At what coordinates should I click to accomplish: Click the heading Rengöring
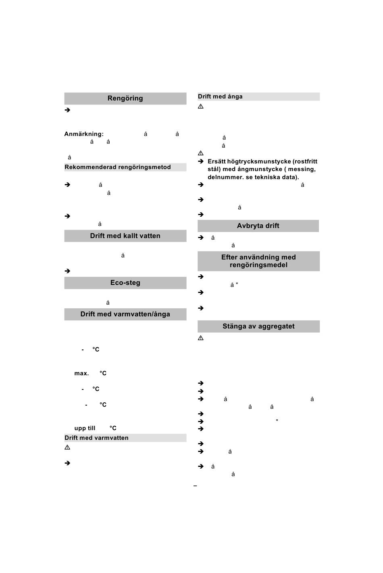pyautogui.click(x=125, y=98)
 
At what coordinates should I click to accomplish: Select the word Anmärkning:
pyautogui.click(x=84, y=134)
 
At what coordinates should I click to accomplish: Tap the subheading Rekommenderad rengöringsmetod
pyautogui.click(x=118, y=167)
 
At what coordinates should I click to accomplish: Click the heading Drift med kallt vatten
pyautogui.click(x=125, y=236)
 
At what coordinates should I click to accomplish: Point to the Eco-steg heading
pyautogui.click(x=125, y=283)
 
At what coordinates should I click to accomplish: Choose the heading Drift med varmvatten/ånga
pyautogui.click(x=125, y=314)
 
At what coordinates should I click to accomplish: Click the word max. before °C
pyautogui.click(x=81, y=373)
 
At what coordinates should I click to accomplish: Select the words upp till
pyautogui.click(x=85, y=428)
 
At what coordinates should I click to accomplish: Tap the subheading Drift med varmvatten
pyautogui.click(x=96, y=438)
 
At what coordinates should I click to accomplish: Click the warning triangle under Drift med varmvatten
pyautogui.click(x=67, y=448)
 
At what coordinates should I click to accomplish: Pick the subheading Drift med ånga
pyautogui.click(x=220, y=96)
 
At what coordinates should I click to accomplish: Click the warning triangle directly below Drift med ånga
pyautogui.click(x=201, y=107)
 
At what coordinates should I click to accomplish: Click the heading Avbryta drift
pyautogui.click(x=258, y=226)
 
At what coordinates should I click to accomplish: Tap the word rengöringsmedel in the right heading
pyautogui.click(x=258, y=265)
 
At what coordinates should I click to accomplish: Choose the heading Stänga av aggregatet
pyautogui.click(x=258, y=326)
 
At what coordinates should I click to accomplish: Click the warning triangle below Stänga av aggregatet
pyautogui.click(x=201, y=338)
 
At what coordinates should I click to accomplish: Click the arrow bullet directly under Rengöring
pyautogui.click(x=67, y=110)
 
